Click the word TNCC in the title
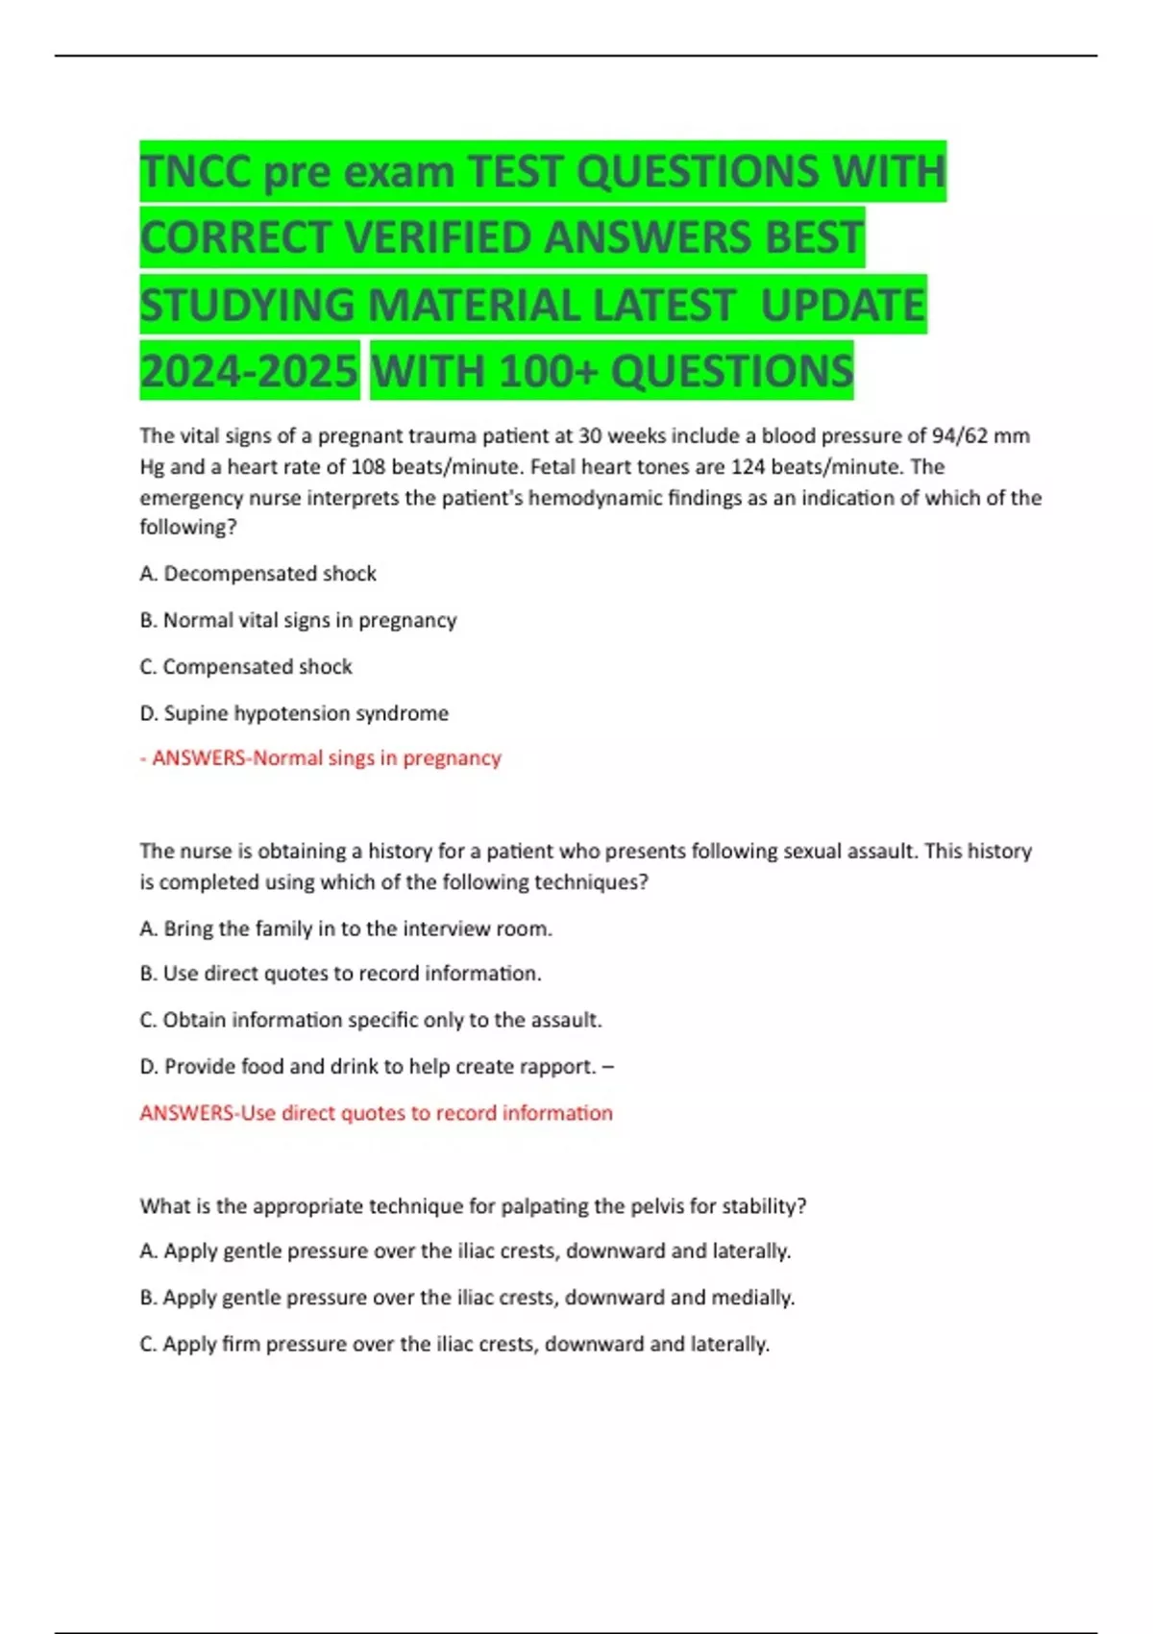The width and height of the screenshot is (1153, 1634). click(195, 172)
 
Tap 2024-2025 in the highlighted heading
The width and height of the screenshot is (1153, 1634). click(249, 371)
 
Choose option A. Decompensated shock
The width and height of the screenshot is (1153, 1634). click(258, 574)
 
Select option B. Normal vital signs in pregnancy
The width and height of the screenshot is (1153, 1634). click(298, 620)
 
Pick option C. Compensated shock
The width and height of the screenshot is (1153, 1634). click(246, 666)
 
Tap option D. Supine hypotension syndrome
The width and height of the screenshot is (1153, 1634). click(294, 713)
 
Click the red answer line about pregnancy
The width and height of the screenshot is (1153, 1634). click(321, 758)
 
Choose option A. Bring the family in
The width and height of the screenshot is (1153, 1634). click(346, 928)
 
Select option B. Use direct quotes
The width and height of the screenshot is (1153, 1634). click(340, 974)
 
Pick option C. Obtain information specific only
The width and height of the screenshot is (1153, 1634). click(371, 1020)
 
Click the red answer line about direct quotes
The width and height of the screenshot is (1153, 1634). click(376, 1113)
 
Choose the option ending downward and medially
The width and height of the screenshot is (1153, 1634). click(467, 1298)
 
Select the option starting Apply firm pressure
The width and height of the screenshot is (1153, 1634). click(454, 1344)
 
